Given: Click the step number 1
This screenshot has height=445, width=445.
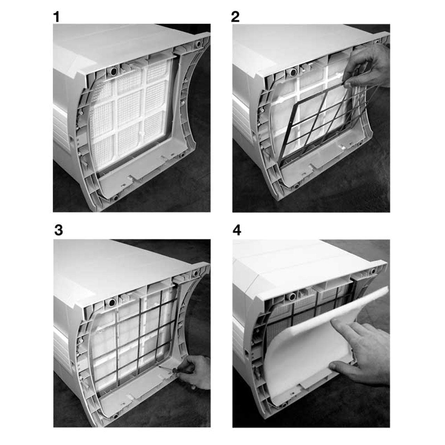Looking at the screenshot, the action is tap(56, 17).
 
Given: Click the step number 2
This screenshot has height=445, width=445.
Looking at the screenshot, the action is tap(235, 17).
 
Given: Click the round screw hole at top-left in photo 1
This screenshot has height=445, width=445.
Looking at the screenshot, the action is tap(114, 72).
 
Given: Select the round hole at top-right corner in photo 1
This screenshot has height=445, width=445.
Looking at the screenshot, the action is tap(198, 43).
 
